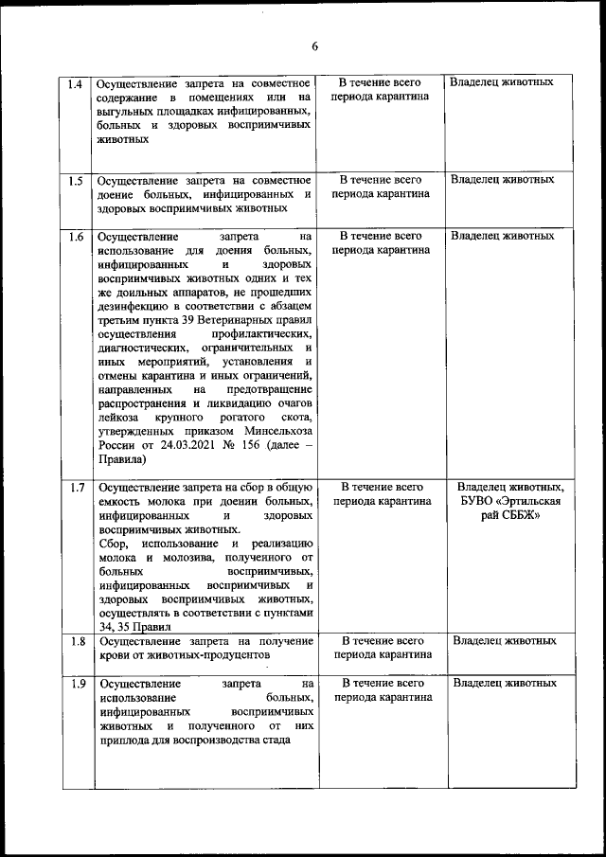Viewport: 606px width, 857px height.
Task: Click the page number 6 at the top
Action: [x=314, y=47]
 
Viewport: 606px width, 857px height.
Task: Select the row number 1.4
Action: [x=77, y=82]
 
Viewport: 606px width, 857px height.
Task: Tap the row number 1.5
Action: [x=77, y=180]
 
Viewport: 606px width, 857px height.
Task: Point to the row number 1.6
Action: [x=77, y=236]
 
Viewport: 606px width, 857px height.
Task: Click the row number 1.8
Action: [x=77, y=641]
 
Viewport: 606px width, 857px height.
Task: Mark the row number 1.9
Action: [x=77, y=683]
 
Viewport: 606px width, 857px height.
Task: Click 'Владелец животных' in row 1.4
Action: [x=502, y=82]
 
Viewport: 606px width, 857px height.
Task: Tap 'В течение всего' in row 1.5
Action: [x=380, y=179]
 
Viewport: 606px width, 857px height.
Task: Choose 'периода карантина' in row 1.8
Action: [x=380, y=654]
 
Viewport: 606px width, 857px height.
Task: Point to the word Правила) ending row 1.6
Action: [x=121, y=460]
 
